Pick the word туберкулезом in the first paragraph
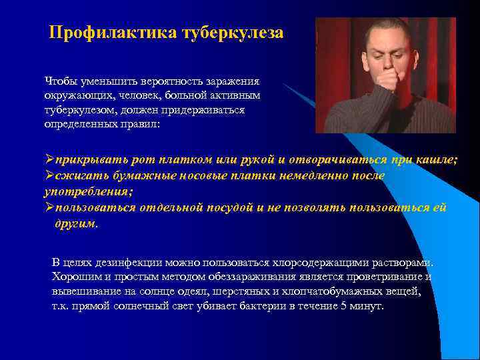[76, 109]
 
